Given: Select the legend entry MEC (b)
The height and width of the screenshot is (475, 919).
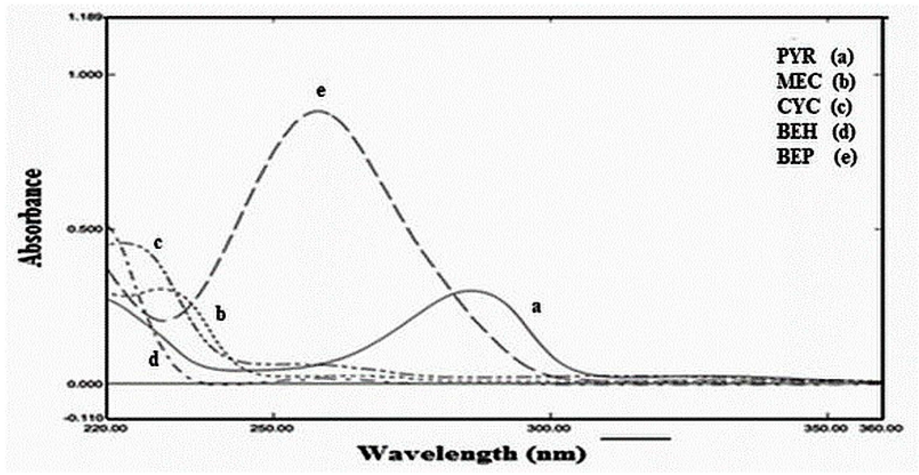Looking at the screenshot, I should coord(816,82).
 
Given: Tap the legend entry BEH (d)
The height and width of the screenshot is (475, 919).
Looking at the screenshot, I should coord(816,131).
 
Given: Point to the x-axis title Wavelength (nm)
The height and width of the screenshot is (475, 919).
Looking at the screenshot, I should coord(472,454).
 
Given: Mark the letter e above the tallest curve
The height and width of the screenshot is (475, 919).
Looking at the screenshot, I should coord(321,91).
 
